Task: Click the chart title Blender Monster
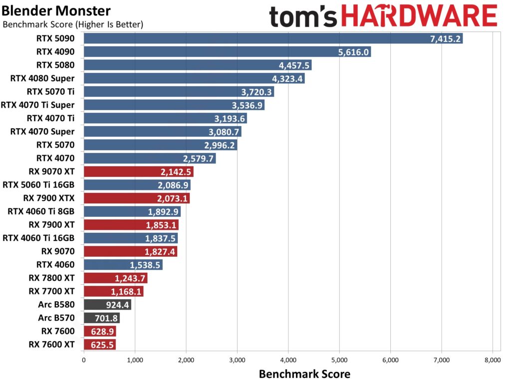coord(56,10)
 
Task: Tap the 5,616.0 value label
coord(353,52)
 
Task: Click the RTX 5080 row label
coord(55,65)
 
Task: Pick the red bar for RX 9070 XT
coord(138,172)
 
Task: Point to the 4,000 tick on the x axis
coord(288,359)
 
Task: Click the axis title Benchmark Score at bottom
coord(304,374)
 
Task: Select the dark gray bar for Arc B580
coord(107,304)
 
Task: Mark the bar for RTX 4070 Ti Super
coord(174,105)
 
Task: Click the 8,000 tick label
coord(493,359)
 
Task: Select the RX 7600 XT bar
coord(99,344)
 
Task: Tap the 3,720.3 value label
coord(256,92)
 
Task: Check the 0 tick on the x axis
coord(83,359)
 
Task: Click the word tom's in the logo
coord(306,16)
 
